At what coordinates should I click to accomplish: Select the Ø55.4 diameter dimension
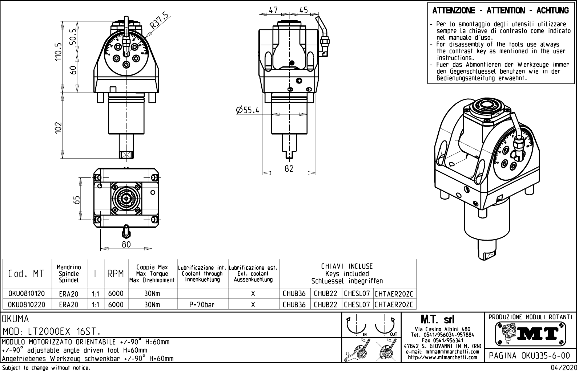pos(248,110)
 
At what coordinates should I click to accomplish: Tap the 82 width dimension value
pos(289,168)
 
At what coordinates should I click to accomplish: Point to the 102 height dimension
pos(58,127)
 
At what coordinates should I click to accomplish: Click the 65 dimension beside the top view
pos(76,200)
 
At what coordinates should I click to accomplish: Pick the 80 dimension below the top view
pos(126,244)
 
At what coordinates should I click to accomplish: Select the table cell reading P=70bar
pos(202,305)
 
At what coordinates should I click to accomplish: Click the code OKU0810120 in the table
pos(27,294)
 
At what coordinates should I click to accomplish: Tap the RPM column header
pos(116,274)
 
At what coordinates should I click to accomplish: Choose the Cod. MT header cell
pos(26,274)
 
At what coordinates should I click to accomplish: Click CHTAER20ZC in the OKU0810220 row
pos(394,305)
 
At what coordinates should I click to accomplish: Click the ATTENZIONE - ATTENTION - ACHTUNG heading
pos(500,11)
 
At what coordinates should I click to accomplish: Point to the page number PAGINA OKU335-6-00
pos(530,356)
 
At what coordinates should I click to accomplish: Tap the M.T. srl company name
pos(437,320)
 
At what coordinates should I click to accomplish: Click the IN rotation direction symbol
pos(357,325)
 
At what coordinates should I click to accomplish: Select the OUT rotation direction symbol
pos(386,325)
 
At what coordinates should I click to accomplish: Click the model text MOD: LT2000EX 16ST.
pos(52,331)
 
